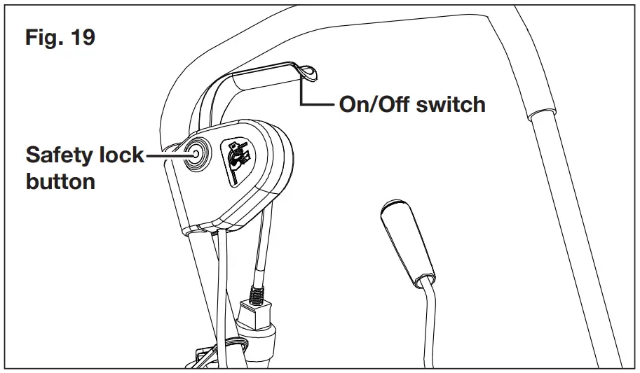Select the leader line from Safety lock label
pos(165,155)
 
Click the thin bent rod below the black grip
pos(435,322)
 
